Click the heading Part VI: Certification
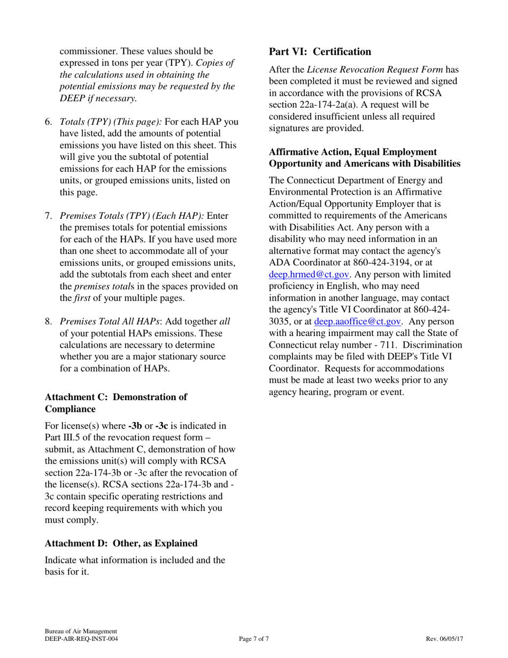(320, 52)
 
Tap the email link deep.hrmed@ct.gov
(309, 274)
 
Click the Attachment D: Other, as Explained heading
(121, 543)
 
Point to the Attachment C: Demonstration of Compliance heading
(116, 403)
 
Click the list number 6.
(48, 121)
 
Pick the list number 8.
(48, 322)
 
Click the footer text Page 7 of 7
(254, 639)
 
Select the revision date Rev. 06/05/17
(444, 639)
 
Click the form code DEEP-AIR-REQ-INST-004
(81, 639)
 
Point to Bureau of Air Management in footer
(81, 631)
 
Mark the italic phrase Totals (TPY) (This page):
(111, 121)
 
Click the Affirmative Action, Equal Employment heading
(352, 152)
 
